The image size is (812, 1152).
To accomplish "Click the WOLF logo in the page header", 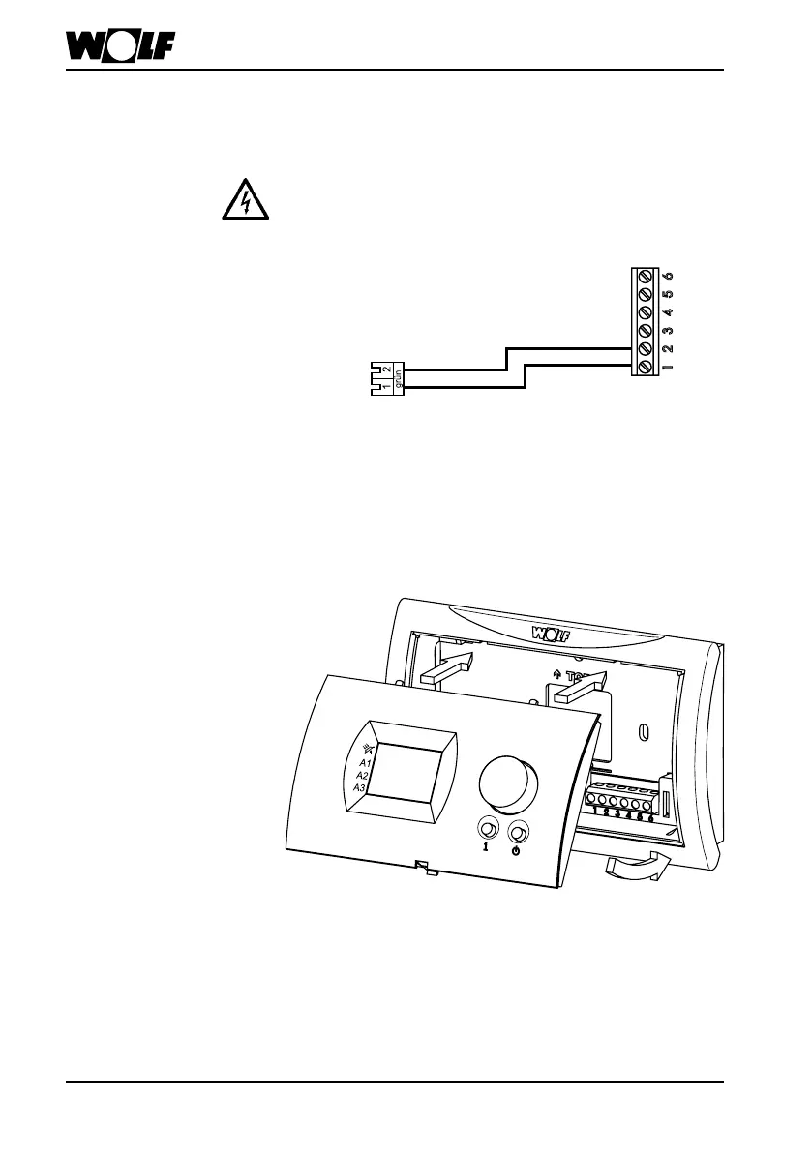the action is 127,46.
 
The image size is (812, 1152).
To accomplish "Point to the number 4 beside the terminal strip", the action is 669,311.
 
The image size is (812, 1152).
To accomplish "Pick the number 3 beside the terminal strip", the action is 669,330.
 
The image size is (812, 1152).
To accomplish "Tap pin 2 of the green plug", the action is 385,368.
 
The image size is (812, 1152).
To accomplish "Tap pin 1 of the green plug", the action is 385,388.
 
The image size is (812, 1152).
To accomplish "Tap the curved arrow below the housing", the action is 633,868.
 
